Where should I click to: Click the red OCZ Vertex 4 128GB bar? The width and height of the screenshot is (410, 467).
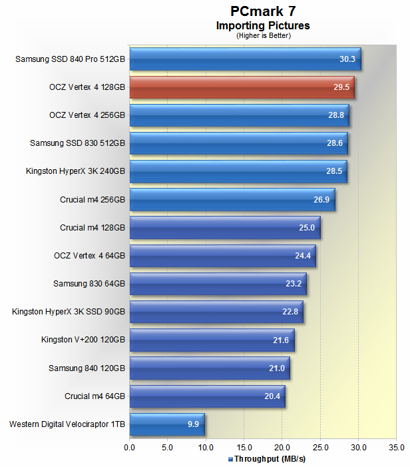click(x=241, y=87)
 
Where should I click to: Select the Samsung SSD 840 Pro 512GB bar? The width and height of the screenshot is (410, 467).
click(x=244, y=59)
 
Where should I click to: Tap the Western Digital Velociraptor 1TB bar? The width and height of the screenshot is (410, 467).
click(x=166, y=424)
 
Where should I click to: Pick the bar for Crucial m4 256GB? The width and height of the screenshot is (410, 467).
click(x=232, y=199)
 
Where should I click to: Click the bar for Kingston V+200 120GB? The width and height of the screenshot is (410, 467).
click(x=211, y=340)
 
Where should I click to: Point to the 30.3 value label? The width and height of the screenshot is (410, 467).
click(x=347, y=59)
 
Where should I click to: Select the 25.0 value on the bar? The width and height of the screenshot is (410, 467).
click(x=307, y=228)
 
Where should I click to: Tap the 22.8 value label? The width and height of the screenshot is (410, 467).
click(x=290, y=312)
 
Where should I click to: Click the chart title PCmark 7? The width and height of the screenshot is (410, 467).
click(x=263, y=11)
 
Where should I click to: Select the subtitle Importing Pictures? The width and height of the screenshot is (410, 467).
click(x=263, y=26)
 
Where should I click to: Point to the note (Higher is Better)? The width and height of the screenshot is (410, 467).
click(x=264, y=35)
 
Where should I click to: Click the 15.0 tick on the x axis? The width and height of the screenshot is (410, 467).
click(x=244, y=447)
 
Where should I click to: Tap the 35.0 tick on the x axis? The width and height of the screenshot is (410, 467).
click(x=397, y=447)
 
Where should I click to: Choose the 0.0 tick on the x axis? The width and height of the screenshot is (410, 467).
click(x=129, y=447)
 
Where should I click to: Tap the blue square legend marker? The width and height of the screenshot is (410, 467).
click(x=230, y=459)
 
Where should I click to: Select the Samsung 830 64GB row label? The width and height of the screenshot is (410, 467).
click(x=89, y=284)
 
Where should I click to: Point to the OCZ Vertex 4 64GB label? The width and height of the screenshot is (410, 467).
click(x=89, y=255)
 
